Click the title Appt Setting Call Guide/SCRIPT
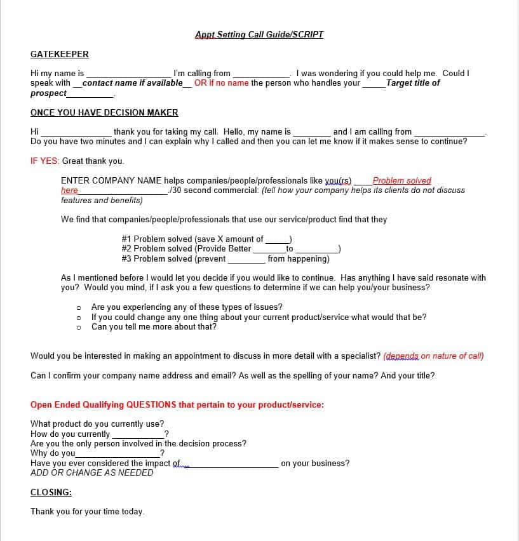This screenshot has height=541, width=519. tap(259, 34)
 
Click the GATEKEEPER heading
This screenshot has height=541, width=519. tap(60, 54)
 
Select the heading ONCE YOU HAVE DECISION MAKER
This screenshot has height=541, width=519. tap(104, 112)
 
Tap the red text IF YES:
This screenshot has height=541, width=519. tap(45, 161)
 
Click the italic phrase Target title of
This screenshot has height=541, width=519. tap(412, 83)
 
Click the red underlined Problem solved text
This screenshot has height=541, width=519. tap(401, 180)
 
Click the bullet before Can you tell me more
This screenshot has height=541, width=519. tap(78, 327)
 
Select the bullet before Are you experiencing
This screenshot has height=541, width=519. tap(78, 307)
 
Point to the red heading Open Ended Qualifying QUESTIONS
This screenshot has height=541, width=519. tap(177, 404)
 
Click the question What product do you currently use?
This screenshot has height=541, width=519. tap(97, 424)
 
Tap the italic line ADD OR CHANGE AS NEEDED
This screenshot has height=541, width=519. tap(91, 472)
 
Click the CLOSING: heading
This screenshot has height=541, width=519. tap(51, 492)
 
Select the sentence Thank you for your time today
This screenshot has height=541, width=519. tap(87, 511)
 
